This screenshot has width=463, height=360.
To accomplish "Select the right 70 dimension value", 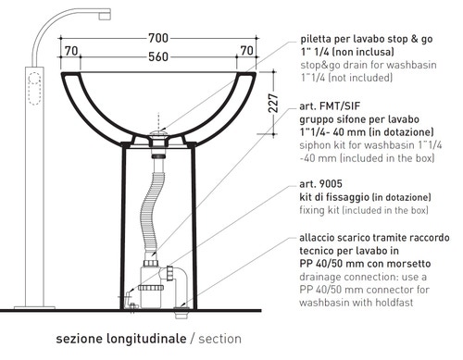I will coord(246,51).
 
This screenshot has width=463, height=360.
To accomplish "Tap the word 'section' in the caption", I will coord(219,339).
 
